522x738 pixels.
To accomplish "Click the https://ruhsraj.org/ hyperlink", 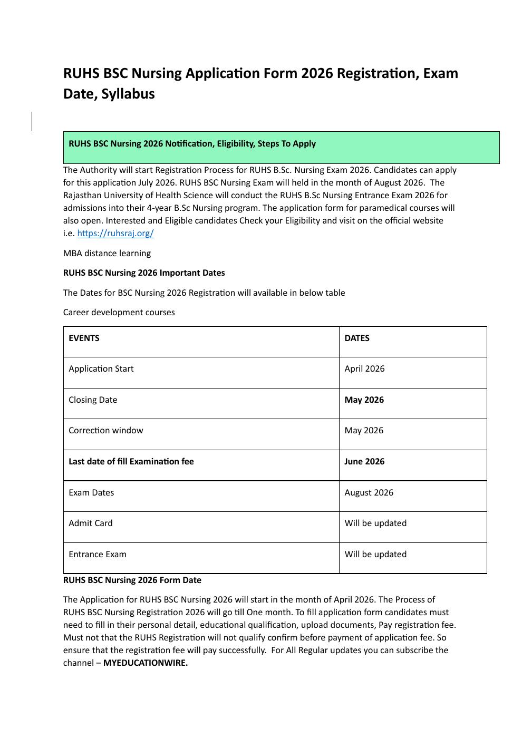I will (115, 234).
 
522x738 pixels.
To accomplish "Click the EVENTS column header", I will (84, 338).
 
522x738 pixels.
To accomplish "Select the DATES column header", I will (357, 338).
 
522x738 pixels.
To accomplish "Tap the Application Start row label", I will (101, 369).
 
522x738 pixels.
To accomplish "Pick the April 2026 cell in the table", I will (364, 369).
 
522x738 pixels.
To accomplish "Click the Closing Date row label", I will (93, 400).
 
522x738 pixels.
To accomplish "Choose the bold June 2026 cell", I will (364, 462).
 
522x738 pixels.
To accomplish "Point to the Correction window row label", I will (105, 431).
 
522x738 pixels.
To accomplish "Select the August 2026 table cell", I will (369, 493).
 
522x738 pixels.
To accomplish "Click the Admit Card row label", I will (90, 523).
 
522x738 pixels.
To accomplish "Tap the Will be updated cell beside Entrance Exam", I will (375, 555).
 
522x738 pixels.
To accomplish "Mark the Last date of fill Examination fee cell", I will (131, 462).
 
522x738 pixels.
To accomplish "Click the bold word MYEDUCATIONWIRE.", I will (145, 663).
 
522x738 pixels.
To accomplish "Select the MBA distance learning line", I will (107, 254).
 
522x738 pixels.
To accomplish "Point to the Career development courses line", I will (119, 313).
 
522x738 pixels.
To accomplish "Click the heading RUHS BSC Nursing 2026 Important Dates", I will (144, 273).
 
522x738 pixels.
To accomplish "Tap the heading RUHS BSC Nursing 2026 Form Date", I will (132, 580).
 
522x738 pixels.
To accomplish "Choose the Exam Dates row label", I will (91, 493).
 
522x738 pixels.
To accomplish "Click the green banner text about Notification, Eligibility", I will (192, 144).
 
